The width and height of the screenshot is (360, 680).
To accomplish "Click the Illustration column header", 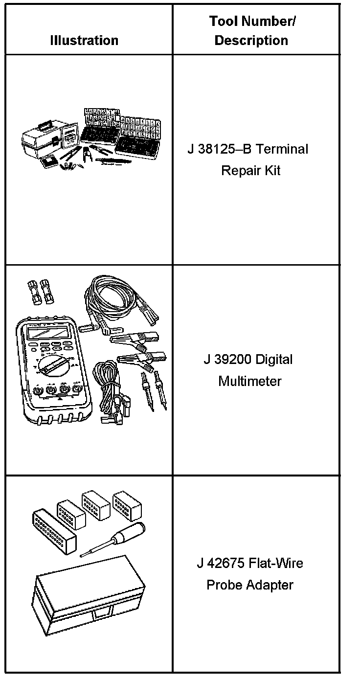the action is [84, 40].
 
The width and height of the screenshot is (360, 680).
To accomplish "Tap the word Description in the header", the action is [251, 40].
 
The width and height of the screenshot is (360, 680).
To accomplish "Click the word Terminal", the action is [282, 149].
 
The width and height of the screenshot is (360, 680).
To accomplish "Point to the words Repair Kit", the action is [251, 171].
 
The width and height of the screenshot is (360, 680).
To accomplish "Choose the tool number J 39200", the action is [227, 360].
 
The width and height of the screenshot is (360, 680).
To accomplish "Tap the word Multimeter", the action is [250, 381].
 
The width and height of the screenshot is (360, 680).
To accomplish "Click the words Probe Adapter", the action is [250, 585].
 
